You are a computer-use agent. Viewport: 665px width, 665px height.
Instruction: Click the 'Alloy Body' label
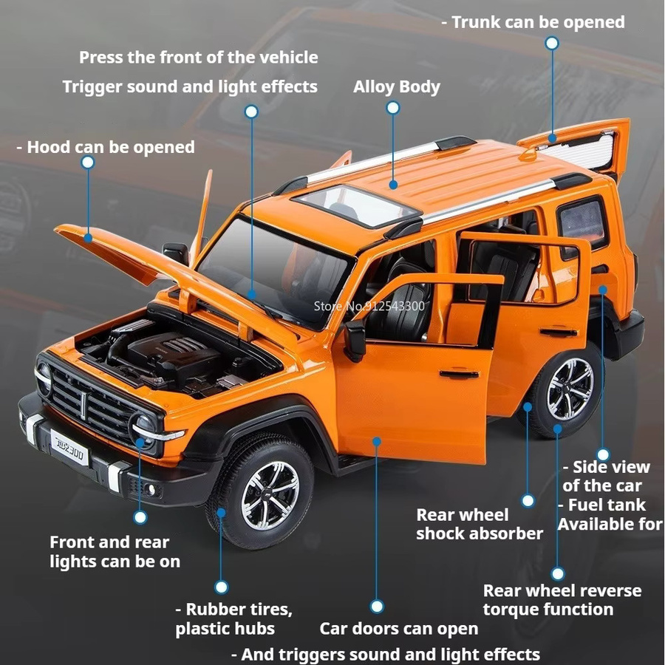[397, 86]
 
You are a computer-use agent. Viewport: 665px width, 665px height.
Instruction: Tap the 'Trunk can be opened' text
[533, 22]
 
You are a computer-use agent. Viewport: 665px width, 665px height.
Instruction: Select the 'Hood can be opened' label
[106, 147]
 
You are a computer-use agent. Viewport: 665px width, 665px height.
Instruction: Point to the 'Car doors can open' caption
[399, 628]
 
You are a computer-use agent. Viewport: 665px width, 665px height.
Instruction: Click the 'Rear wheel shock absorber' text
[480, 524]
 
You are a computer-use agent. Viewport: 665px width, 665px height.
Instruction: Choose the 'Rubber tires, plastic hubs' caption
[234, 618]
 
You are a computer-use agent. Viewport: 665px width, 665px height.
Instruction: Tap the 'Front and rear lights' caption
[115, 552]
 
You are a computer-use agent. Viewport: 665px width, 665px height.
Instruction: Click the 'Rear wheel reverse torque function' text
[562, 600]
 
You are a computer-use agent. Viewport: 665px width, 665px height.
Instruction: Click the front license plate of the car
[69, 447]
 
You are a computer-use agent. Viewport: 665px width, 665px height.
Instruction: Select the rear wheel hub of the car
[570, 389]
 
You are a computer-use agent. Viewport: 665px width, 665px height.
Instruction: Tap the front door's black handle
[459, 374]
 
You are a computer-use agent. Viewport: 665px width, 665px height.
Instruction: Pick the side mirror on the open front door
[355, 340]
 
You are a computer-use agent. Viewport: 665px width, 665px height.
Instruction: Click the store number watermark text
[369, 306]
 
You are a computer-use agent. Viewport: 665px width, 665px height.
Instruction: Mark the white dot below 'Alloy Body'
[393, 108]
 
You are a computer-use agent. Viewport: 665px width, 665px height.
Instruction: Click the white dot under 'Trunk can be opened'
[552, 44]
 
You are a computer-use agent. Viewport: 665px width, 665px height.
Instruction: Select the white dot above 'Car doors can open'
[377, 606]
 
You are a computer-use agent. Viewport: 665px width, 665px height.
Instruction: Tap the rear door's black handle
[558, 332]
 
